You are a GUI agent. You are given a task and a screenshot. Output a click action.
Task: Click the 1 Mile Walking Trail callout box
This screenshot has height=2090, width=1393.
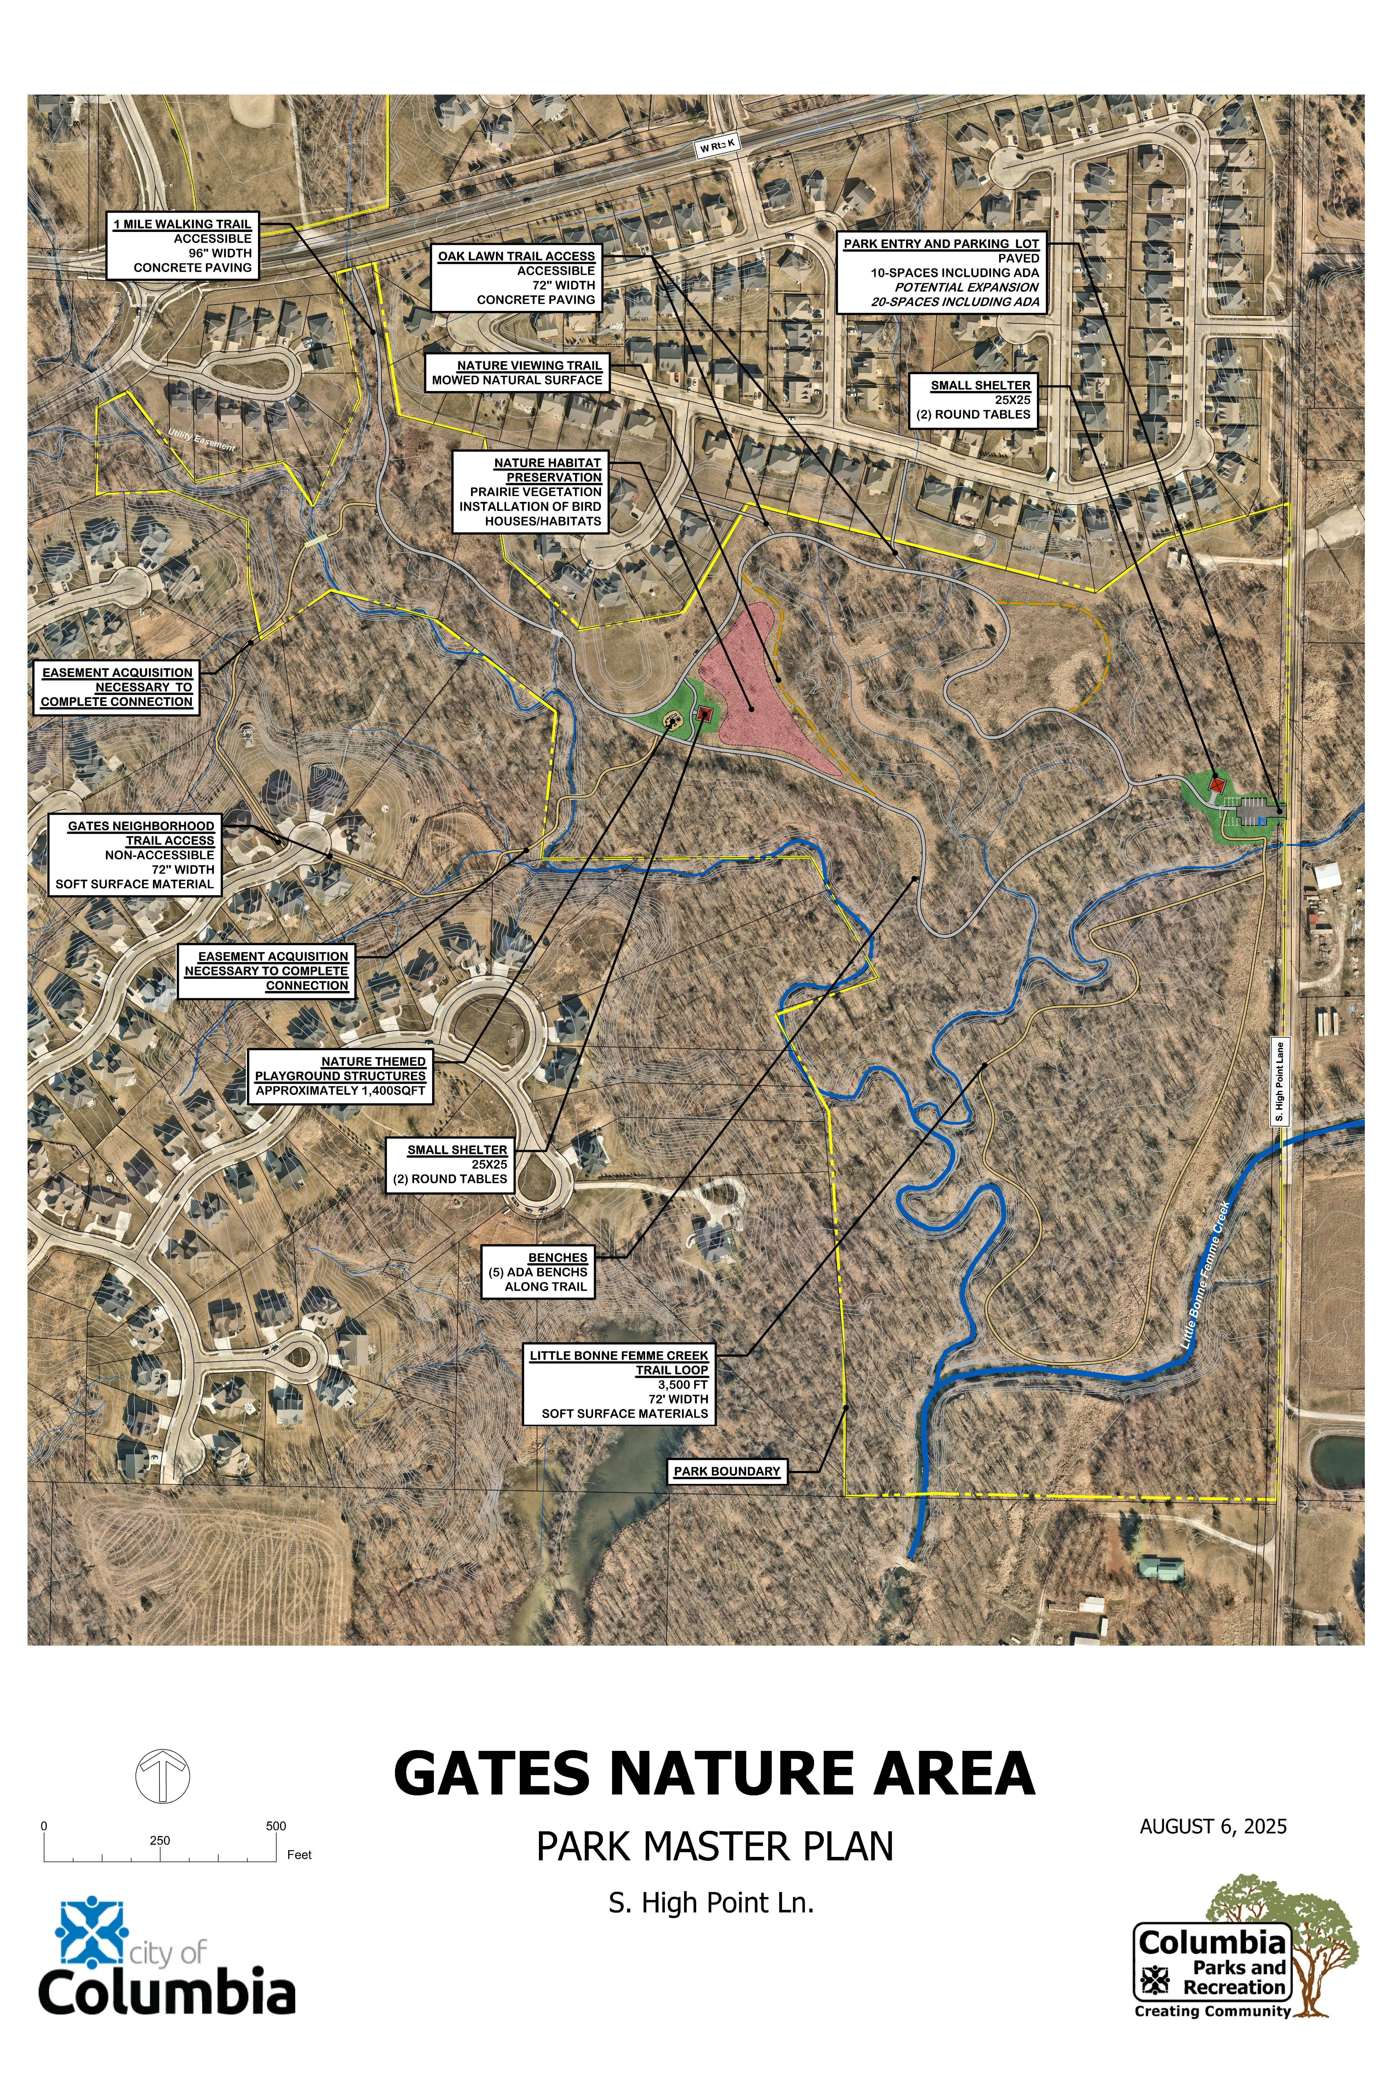(182, 246)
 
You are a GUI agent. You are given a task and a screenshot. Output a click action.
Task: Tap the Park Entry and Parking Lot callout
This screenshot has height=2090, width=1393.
(941, 273)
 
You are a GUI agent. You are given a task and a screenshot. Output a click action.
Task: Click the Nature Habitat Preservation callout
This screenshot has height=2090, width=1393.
(531, 491)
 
